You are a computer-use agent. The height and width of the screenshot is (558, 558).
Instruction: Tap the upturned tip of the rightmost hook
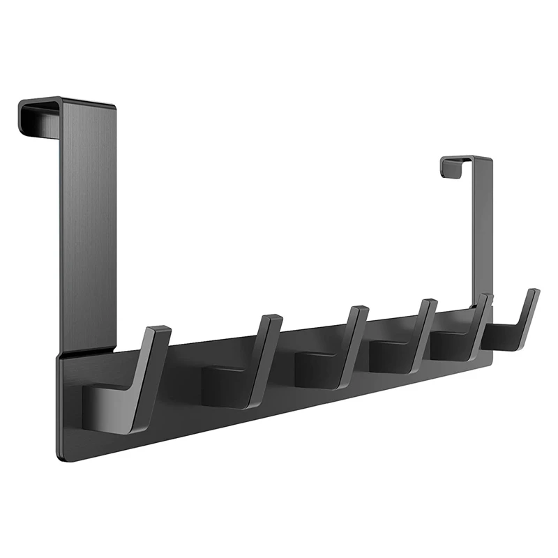(x=533, y=293)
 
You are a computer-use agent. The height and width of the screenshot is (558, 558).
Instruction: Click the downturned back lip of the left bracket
(x=25, y=115)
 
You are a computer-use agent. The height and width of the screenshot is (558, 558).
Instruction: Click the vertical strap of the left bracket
(x=88, y=223)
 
